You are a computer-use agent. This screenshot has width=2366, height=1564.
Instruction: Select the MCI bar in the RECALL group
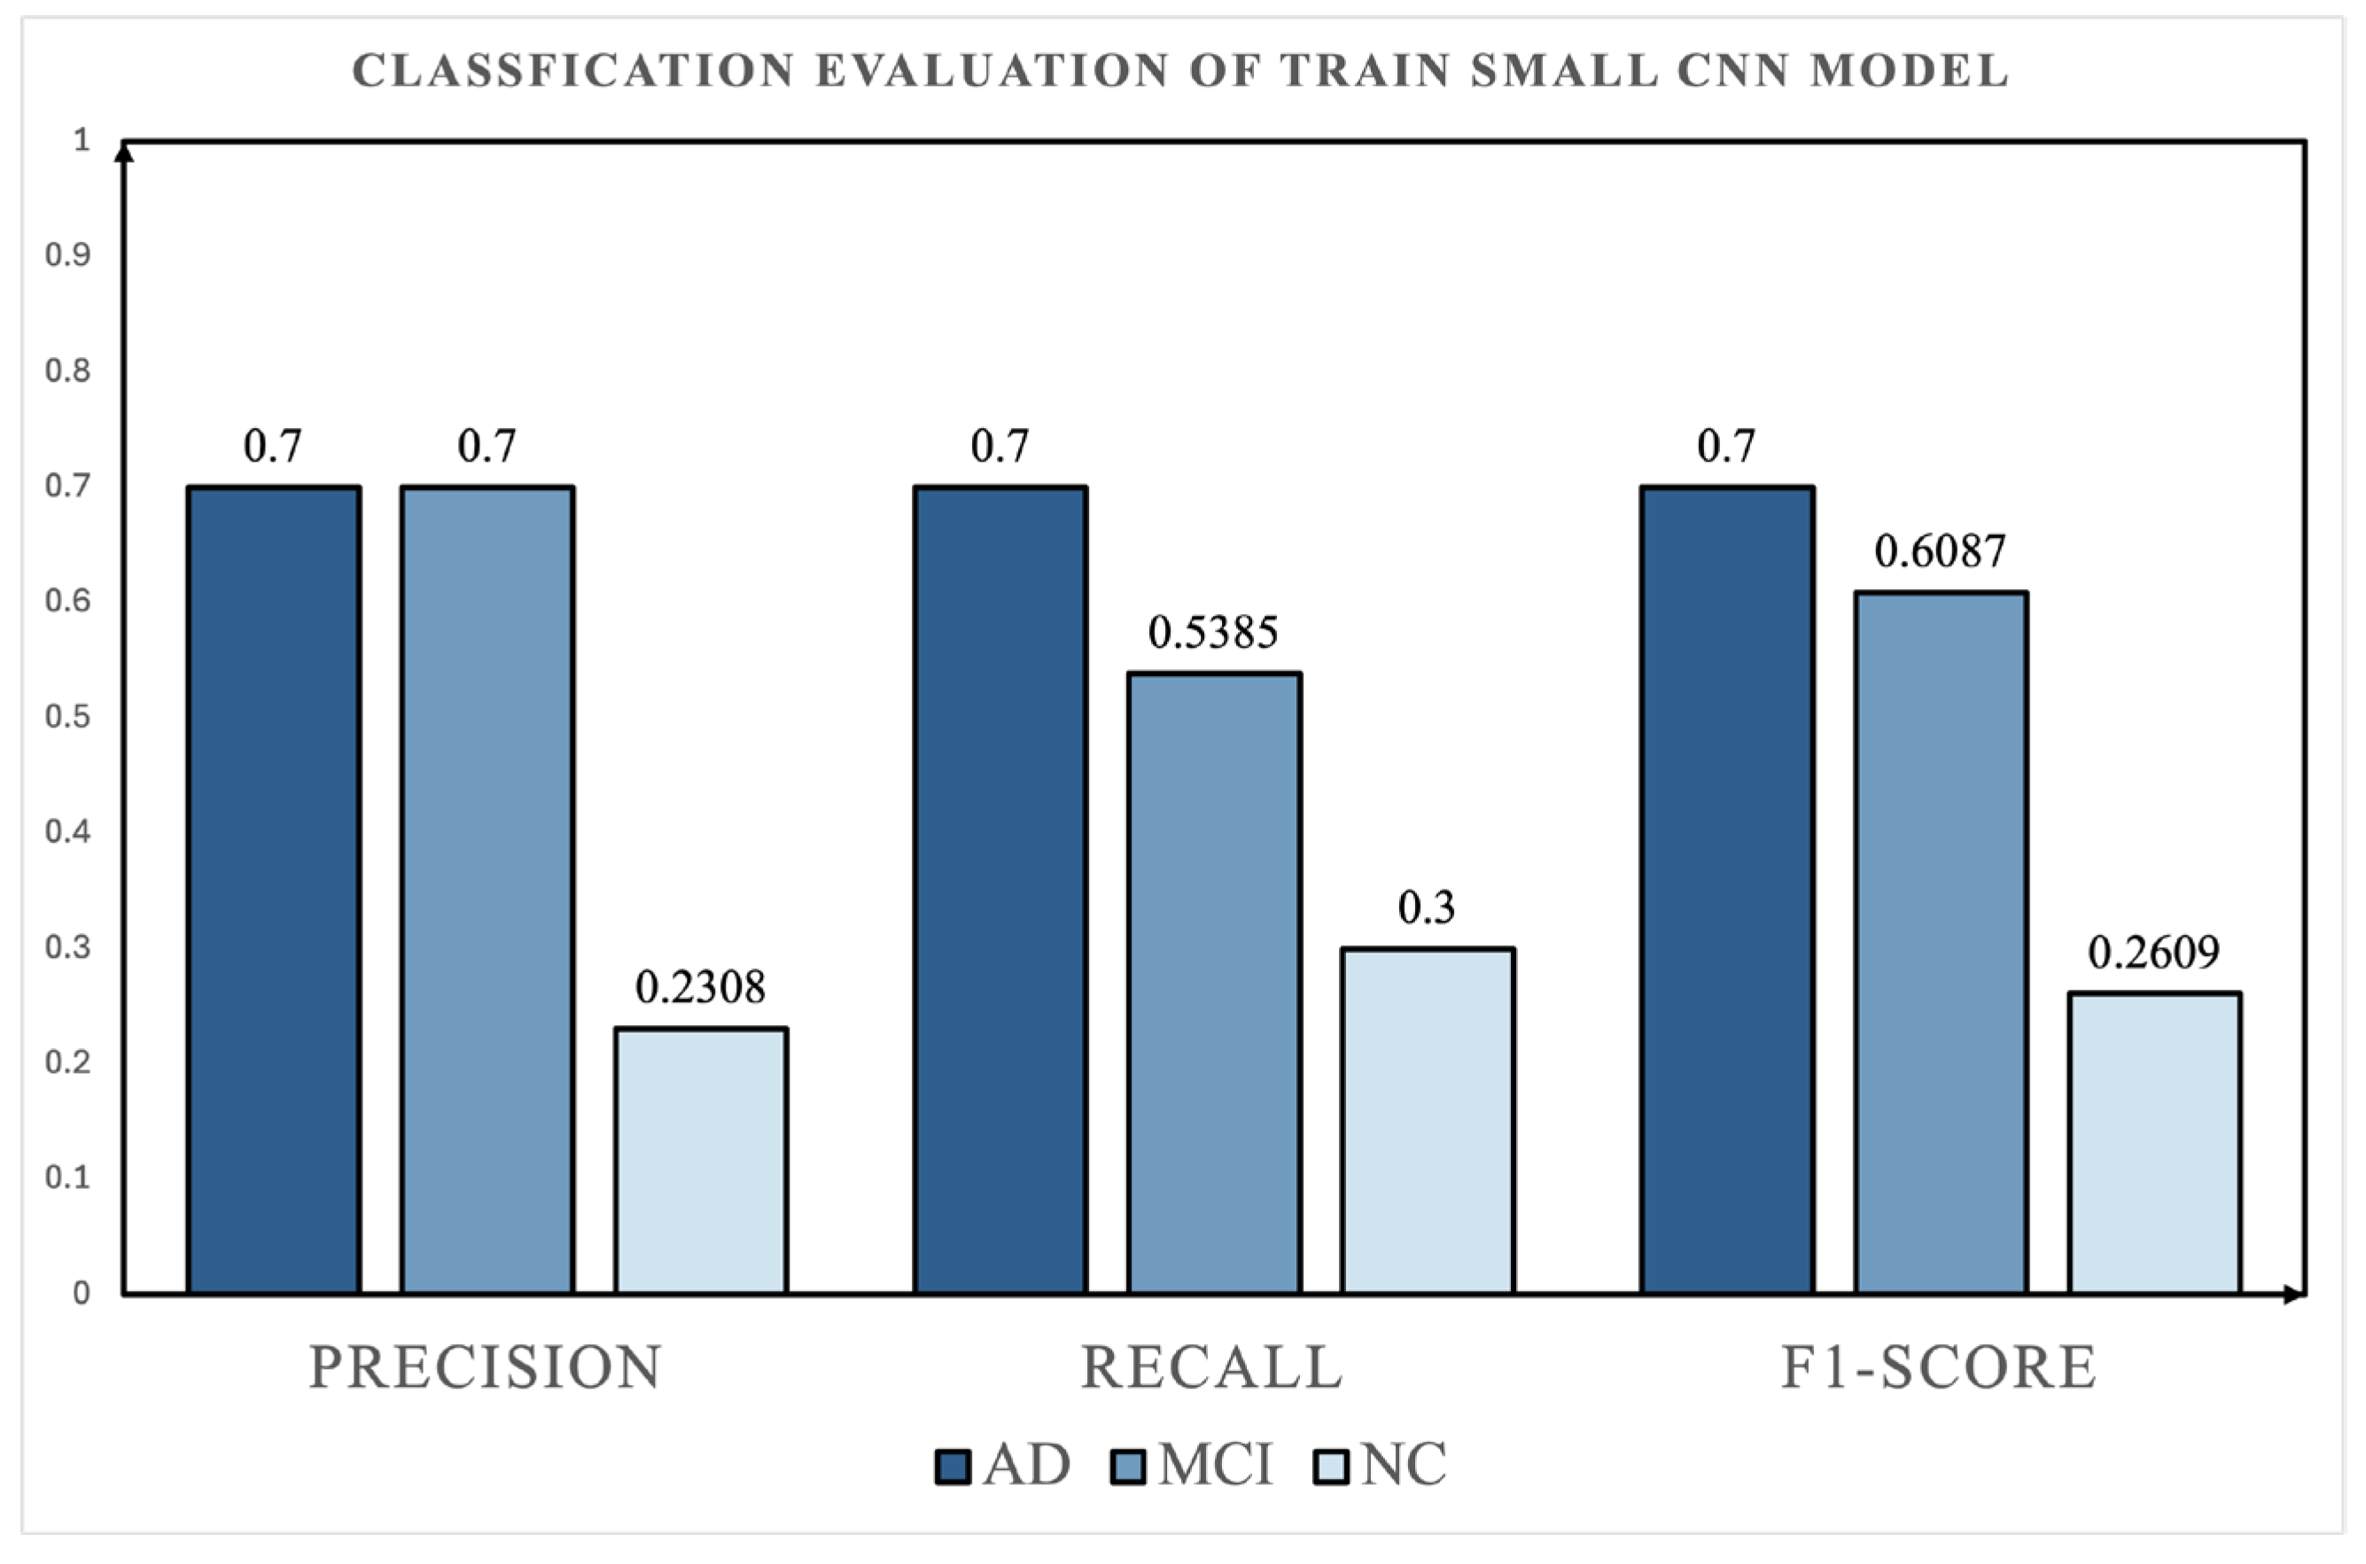(x=1214, y=984)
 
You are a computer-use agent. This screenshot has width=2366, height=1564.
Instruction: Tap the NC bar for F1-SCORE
(x=2154, y=1144)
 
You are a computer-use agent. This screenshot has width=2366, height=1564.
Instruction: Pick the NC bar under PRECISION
(x=701, y=1161)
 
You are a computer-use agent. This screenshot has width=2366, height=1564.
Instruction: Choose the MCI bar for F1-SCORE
(x=1941, y=944)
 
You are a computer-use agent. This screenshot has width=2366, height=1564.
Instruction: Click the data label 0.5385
(x=1213, y=633)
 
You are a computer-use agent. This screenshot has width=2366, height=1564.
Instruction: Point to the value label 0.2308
(x=700, y=987)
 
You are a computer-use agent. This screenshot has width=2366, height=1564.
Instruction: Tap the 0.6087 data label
(x=1940, y=551)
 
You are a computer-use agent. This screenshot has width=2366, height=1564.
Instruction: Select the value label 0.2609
(x=2154, y=953)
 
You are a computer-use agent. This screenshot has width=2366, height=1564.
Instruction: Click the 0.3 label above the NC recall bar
(x=1427, y=907)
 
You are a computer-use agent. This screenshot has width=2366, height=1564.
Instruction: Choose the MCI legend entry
(x=1192, y=1466)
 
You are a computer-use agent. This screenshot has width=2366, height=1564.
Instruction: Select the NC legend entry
(x=1381, y=1466)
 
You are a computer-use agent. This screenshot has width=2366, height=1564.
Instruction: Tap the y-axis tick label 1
(x=82, y=140)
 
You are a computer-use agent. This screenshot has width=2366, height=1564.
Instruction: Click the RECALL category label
(x=1212, y=1367)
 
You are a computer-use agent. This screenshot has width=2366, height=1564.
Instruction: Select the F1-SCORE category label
(x=1939, y=1367)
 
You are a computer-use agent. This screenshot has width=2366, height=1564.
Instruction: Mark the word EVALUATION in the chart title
(x=992, y=71)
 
